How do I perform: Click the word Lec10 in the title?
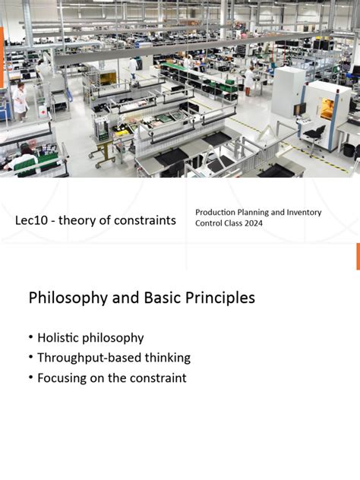pyautogui.click(x=31, y=220)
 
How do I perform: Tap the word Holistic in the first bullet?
pyautogui.click(x=58, y=338)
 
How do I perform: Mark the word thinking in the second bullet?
pyautogui.click(x=167, y=358)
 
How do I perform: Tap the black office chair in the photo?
pyautogui.click(x=314, y=137)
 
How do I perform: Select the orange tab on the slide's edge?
pyautogui.click(x=358, y=257)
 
